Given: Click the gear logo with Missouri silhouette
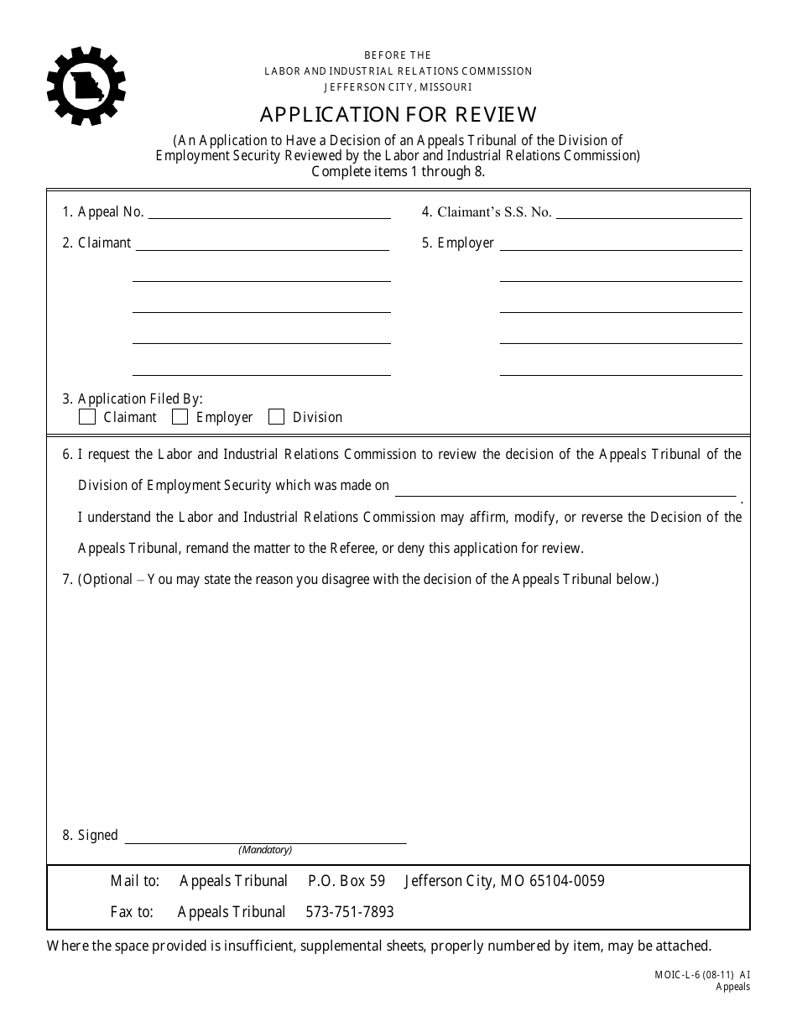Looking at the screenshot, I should point(86,86).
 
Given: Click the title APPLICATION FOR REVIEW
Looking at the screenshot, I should point(398,114).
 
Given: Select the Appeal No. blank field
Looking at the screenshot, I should point(268,212).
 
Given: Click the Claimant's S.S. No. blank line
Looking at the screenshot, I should point(649,212).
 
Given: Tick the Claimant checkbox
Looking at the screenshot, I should point(87,417).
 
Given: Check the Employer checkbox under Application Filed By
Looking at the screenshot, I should point(180,417).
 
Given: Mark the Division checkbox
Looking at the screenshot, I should point(276,417).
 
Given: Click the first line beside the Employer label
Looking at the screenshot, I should point(621,244).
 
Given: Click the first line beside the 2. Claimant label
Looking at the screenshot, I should point(262,244).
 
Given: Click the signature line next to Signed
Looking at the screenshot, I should point(265,836).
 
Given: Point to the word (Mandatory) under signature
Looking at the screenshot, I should point(265,850).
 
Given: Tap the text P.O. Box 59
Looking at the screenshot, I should point(346,881).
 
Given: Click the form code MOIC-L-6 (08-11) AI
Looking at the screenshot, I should point(702,975).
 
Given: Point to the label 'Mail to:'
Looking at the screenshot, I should point(134,881).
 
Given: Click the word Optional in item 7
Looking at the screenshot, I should point(107,580).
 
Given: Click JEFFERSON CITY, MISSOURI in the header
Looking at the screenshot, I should point(398,86).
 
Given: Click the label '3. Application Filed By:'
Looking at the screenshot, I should point(133,399).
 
